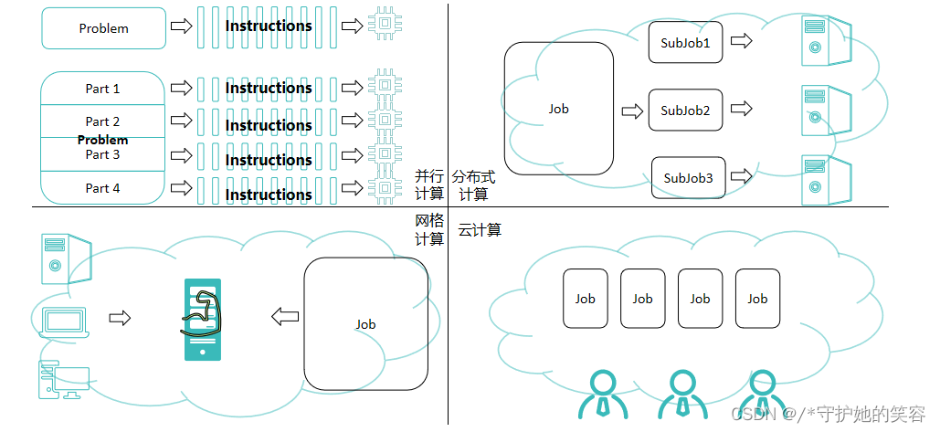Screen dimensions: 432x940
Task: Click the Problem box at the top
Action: pyautogui.click(x=103, y=28)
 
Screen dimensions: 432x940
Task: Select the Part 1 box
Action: pyautogui.click(x=103, y=89)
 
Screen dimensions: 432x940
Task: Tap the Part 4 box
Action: pyautogui.click(x=103, y=188)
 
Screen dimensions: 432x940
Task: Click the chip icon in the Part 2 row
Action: pyautogui.click(x=385, y=121)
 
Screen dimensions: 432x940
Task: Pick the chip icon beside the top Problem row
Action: pyautogui.click(x=385, y=26)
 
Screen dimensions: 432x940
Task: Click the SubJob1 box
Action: pyautogui.click(x=685, y=43)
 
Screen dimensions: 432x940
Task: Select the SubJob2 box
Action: pyautogui.click(x=685, y=111)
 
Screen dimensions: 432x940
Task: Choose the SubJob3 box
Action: pyautogui.click(x=688, y=178)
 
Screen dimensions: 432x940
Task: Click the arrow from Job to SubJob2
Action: pyautogui.click(x=631, y=111)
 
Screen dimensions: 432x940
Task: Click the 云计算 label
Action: pyautogui.click(x=480, y=230)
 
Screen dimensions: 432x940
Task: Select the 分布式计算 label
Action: pyautogui.click(x=472, y=184)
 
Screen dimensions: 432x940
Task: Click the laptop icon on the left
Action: pyautogui.click(x=65, y=321)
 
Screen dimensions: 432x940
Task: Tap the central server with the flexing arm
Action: pyautogui.click(x=202, y=319)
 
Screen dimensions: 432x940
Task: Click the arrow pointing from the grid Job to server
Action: pyautogui.click(x=285, y=317)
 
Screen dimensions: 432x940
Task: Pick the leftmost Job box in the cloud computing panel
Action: pyautogui.click(x=585, y=299)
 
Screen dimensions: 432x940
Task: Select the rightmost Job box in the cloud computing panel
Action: pyautogui.click(x=757, y=299)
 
